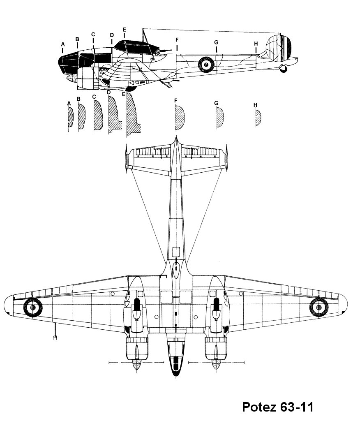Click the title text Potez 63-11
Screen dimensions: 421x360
point(278,407)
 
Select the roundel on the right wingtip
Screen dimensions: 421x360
point(318,307)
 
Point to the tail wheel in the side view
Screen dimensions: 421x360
point(283,69)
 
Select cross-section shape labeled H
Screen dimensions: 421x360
point(258,118)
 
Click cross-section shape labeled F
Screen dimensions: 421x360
point(180,118)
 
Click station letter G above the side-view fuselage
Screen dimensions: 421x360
point(216,42)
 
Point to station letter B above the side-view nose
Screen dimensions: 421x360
point(77,39)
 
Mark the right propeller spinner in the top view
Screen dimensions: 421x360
point(215,365)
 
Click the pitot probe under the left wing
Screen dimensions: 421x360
point(54,333)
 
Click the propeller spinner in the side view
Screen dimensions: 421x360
point(71,78)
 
